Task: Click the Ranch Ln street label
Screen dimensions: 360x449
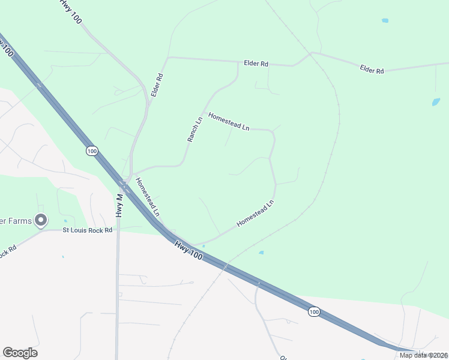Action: coord(196,128)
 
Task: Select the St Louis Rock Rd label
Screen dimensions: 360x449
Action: coord(88,230)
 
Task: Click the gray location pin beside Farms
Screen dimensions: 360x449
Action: coord(41,221)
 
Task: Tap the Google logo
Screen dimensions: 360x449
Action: coord(20,353)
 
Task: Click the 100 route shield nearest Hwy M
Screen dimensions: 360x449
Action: coord(91,151)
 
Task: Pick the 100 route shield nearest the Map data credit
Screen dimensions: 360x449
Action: coord(314,311)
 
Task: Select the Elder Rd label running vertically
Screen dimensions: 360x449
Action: coord(157,86)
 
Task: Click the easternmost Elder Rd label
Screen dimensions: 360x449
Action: coord(372,70)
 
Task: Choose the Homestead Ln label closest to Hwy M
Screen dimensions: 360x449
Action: coord(148,197)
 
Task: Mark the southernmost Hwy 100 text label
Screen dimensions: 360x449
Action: coord(190,250)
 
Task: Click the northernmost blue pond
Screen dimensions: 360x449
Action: coord(385,20)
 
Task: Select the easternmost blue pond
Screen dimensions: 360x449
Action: coord(436,102)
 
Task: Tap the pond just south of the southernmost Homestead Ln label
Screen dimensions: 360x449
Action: coord(261,253)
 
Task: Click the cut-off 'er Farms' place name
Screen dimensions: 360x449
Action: coord(16,221)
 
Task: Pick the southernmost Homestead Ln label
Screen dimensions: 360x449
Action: coord(255,213)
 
